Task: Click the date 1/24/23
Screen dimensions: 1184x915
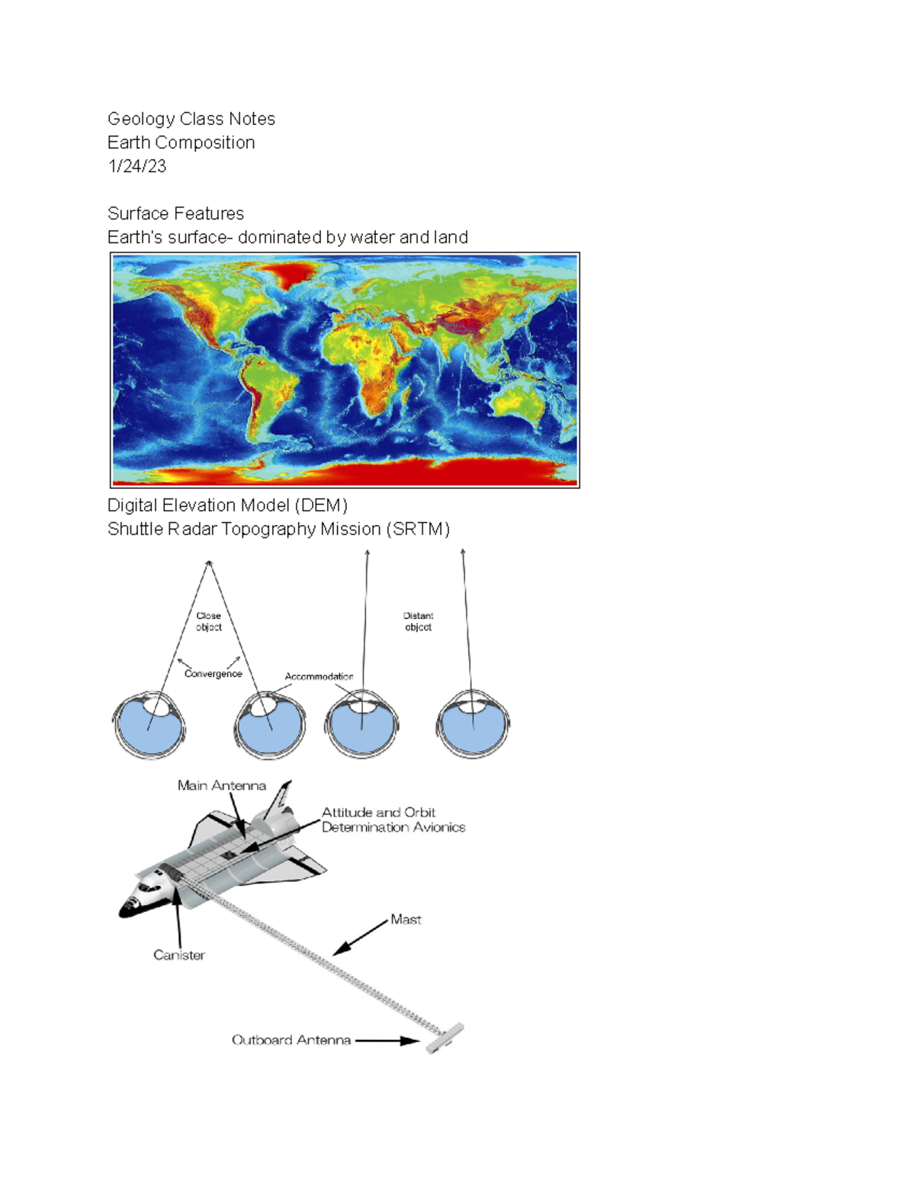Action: [136, 166]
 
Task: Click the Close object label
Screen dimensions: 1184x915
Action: [208, 621]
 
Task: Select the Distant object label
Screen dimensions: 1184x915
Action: [418, 621]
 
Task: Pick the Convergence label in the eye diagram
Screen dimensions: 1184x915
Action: [213, 674]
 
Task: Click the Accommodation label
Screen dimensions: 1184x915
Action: [319, 676]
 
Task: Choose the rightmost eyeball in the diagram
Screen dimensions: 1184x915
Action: [473, 726]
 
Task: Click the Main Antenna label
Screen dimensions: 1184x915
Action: [221, 785]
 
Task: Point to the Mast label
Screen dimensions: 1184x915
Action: [406, 919]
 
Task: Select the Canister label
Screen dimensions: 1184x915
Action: [179, 955]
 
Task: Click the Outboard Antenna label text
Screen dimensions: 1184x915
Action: [291, 1040]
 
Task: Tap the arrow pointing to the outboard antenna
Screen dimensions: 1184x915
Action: [387, 1040]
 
